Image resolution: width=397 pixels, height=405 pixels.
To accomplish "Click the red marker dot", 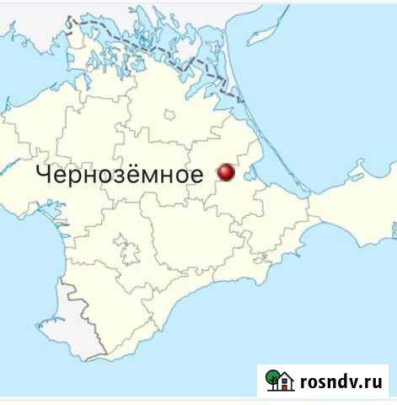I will pyautogui.click(x=227, y=173).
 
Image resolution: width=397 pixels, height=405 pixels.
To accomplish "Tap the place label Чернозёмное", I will pyautogui.click(x=119, y=175).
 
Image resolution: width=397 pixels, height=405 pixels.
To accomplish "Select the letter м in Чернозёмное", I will pyautogui.click(x=161, y=175).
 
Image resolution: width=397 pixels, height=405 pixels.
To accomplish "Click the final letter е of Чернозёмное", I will pyautogui.click(x=196, y=175).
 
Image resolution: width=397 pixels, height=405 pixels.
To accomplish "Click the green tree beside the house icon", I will pyautogui.click(x=271, y=379).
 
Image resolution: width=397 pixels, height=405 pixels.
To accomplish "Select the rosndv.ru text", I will pyautogui.click(x=340, y=381).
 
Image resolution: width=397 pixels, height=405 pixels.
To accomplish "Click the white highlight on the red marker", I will pyautogui.click(x=224, y=170).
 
